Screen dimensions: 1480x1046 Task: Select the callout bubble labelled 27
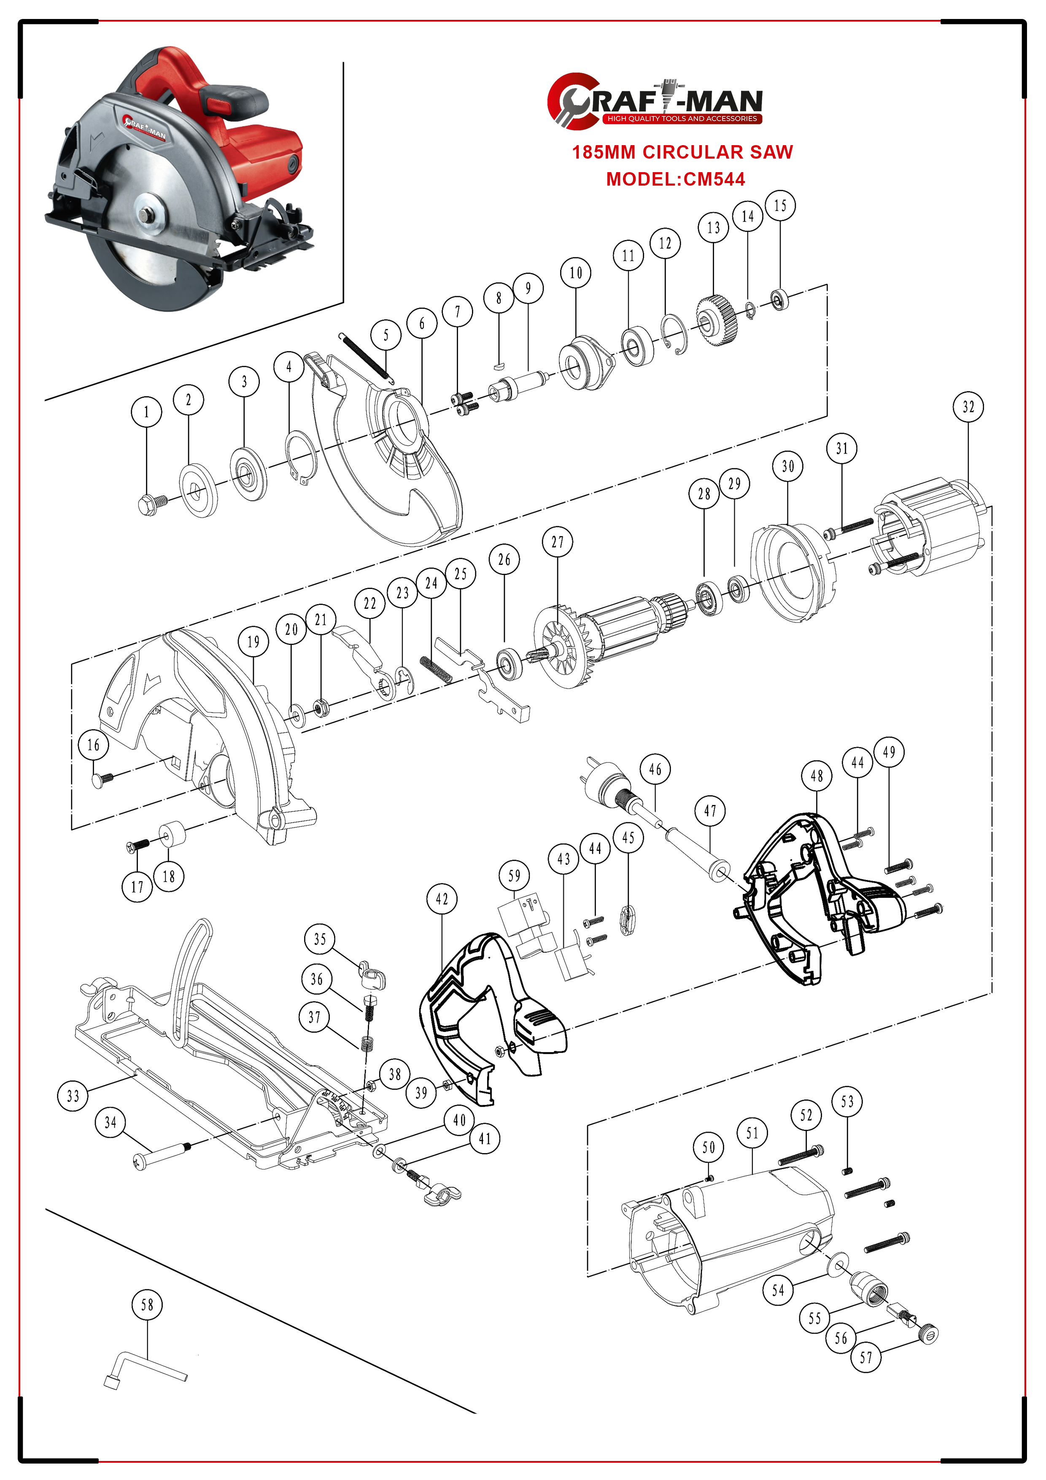[558, 542]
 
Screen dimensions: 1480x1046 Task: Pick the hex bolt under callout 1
[151, 504]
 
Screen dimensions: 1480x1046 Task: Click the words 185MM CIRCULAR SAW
[682, 152]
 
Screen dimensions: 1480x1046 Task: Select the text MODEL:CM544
[675, 179]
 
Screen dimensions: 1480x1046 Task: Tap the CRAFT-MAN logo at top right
[654, 100]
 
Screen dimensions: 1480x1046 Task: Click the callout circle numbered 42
[442, 899]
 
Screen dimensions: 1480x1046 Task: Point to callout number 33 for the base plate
[73, 1096]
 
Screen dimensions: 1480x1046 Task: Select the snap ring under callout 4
[301, 457]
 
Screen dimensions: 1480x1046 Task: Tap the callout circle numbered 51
[752, 1132]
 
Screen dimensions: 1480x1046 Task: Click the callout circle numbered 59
[514, 875]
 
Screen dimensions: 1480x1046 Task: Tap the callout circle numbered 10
[576, 273]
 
